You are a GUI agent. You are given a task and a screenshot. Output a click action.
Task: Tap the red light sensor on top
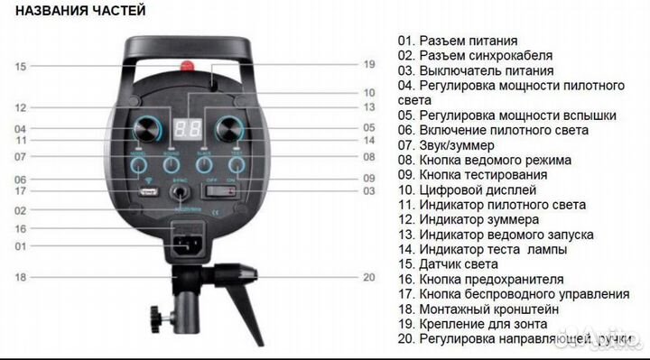tap(189, 66)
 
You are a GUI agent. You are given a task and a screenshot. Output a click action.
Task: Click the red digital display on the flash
tap(189, 126)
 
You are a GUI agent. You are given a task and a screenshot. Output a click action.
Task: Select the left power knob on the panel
tap(147, 127)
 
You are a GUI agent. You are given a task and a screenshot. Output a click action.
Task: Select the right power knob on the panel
tap(230, 127)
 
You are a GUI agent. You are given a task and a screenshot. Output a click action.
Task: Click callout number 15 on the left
tap(21, 66)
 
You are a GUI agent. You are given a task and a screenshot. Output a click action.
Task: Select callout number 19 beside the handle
tap(368, 64)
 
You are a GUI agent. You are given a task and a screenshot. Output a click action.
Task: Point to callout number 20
tap(368, 277)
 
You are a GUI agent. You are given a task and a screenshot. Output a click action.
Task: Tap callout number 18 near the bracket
tap(21, 277)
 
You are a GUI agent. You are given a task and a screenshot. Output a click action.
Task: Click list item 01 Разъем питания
tap(457, 41)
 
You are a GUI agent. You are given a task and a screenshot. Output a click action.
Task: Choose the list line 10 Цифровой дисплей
tap(467, 190)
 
